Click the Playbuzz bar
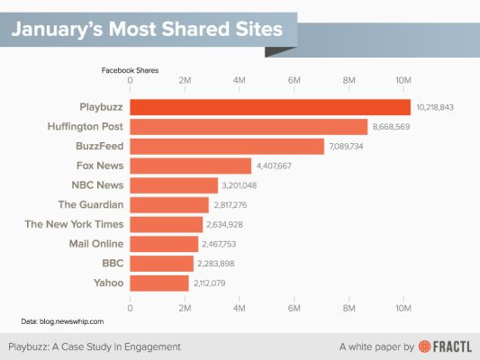click(270, 106)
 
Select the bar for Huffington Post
click(249, 126)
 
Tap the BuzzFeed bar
click(227, 146)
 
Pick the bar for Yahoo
click(160, 283)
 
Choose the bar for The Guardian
click(170, 204)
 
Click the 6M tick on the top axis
click(294, 80)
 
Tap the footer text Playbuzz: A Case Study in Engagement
click(95, 346)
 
